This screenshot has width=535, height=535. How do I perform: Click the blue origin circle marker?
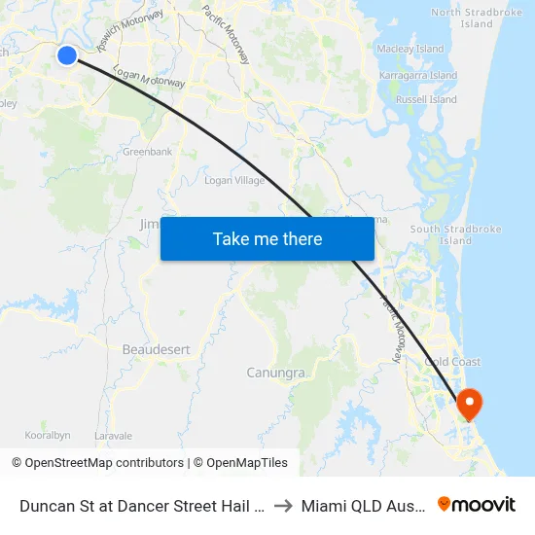67,55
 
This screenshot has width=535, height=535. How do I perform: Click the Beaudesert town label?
156,348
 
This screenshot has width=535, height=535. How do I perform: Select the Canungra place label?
276,373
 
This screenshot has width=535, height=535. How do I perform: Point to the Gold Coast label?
452,362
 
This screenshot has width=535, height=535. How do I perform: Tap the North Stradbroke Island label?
477,18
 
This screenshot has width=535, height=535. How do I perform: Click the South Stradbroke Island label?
455,234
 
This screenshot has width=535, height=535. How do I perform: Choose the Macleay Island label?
410,49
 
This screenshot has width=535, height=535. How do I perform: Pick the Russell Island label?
428,99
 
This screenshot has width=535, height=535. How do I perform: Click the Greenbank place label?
147,152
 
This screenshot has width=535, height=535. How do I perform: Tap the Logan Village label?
234,180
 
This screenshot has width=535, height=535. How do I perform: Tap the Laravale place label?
114,435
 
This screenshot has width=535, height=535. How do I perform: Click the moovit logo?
477,505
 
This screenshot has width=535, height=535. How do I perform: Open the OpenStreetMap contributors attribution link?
97,463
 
